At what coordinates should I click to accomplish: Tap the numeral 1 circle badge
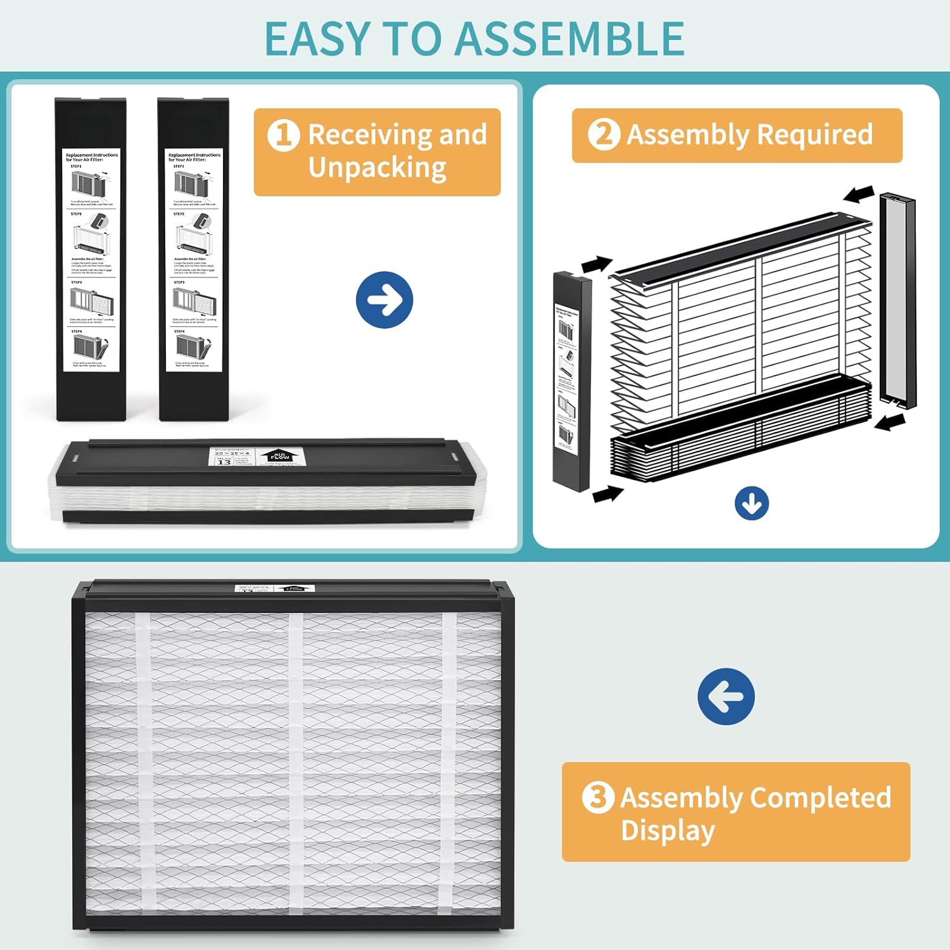(283, 135)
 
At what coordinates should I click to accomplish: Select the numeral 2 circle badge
(604, 134)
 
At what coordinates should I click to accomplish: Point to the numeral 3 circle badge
(598, 797)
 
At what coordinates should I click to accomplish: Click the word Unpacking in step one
(377, 168)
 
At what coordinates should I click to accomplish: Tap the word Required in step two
(814, 135)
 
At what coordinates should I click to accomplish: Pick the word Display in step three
(668, 831)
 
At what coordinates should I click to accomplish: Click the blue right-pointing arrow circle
(384, 300)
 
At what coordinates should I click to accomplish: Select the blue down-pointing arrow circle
(752, 503)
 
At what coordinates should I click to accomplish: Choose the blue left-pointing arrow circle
(726, 696)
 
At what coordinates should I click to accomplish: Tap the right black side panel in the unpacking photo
(193, 260)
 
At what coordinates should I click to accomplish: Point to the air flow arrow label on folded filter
(279, 455)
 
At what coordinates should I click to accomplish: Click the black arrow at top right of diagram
(859, 194)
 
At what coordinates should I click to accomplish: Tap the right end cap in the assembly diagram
(897, 300)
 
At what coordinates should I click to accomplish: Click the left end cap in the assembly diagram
(571, 380)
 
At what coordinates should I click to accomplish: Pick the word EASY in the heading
(316, 39)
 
